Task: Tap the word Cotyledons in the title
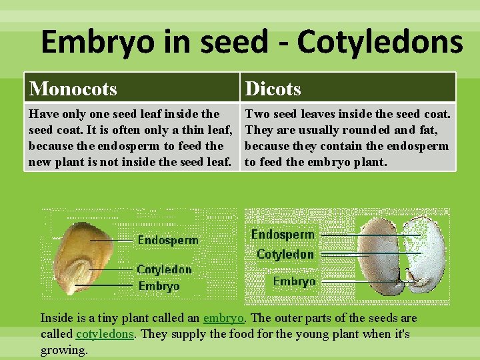(x=380, y=42)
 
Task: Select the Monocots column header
(x=73, y=88)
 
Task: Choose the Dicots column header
(x=273, y=88)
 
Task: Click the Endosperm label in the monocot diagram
(x=167, y=240)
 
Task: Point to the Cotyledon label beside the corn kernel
(x=164, y=269)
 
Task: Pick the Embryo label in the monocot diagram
(x=159, y=286)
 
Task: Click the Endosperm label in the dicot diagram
(x=283, y=235)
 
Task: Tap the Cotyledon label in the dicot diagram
(x=285, y=254)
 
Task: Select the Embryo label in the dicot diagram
(x=294, y=281)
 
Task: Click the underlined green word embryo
(x=223, y=318)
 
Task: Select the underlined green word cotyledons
(x=105, y=334)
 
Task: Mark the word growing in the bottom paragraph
(x=64, y=350)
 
